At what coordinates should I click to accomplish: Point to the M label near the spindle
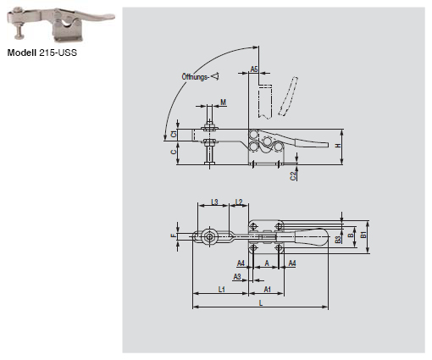[223, 102]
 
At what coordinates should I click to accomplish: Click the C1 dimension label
[174, 135]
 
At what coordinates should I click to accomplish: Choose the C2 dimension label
[293, 175]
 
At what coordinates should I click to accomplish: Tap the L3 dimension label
[215, 202]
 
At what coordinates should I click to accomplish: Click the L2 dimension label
[240, 202]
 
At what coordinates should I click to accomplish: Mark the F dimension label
[173, 237]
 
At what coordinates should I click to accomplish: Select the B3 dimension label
[337, 240]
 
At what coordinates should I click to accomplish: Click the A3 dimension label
[237, 276]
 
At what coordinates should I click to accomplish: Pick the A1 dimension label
[267, 290]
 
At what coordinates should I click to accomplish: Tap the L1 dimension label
[221, 290]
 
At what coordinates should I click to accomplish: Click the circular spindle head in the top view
[208, 238]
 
